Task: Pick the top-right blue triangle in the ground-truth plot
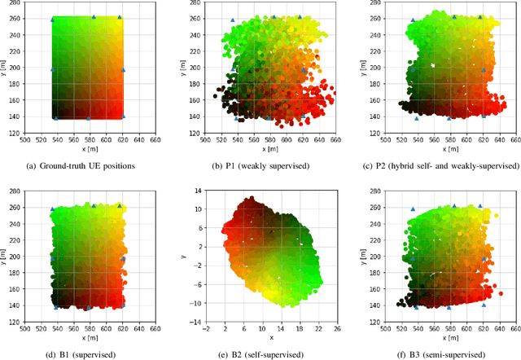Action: [x=120, y=17]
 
